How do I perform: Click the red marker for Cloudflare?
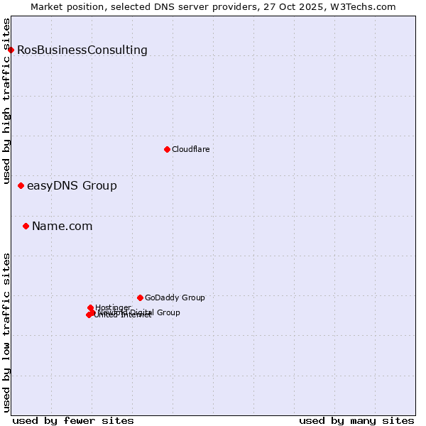(x=167, y=149)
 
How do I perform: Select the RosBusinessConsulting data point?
(x=11, y=50)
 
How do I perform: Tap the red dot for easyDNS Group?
(x=21, y=186)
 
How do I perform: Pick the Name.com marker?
(x=26, y=226)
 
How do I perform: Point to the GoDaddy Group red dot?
(x=140, y=297)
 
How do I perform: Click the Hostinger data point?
(x=90, y=307)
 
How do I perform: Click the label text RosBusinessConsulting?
(x=82, y=50)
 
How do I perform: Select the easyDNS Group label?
(x=72, y=186)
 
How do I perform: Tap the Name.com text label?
(x=62, y=226)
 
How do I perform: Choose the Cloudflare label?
(x=190, y=149)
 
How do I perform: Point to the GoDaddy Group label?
(x=175, y=297)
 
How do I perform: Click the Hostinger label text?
(x=113, y=307)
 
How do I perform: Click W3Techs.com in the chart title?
(x=361, y=6)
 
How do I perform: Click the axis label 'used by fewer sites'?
(x=73, y=420)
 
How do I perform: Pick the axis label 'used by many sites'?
(x=356, y=420)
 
